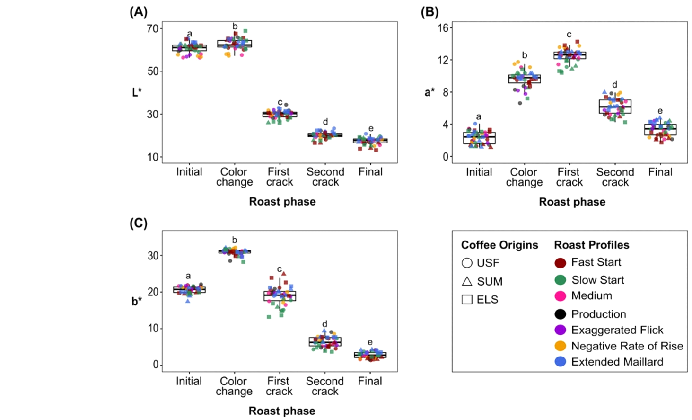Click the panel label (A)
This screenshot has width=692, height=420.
(139, 12)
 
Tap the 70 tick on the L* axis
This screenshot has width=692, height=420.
(153, 28)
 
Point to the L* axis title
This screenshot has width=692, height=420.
(137, 92)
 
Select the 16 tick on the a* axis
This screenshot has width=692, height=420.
(443, 28)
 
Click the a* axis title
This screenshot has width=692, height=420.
(429, 92)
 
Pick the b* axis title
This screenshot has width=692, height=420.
(137, 301)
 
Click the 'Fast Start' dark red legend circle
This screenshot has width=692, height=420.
(560, 263)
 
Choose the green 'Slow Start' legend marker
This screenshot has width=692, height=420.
(560, 280)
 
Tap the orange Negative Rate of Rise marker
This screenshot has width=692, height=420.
(560, 346)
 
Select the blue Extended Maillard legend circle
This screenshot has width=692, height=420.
(560, 362)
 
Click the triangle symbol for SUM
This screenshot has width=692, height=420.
(467, 281)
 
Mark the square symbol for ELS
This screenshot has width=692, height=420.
(467, 299)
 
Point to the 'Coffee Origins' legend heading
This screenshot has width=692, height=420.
(499, 245)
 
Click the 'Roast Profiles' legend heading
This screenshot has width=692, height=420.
(592, 245)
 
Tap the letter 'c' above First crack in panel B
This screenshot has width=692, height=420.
(569, 35)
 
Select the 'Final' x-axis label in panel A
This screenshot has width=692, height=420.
(370, 172)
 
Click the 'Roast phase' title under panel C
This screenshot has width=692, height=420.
(282, 411)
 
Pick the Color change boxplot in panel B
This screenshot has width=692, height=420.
(525, 79)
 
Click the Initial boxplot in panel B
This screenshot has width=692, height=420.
(479, 138)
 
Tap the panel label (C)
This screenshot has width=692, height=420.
(139, 223)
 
